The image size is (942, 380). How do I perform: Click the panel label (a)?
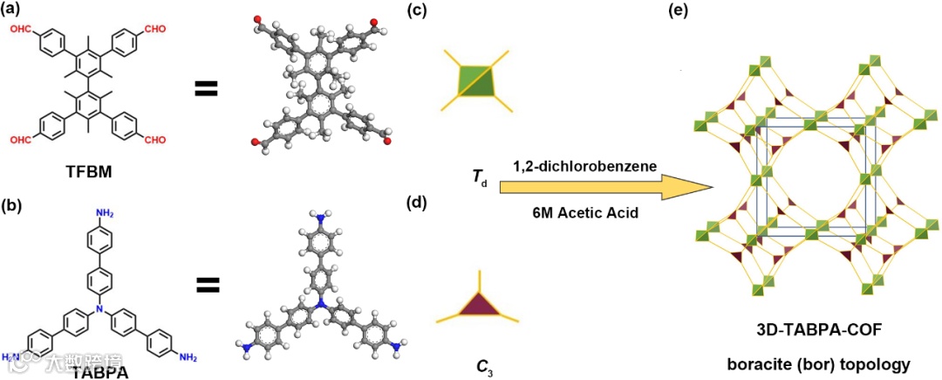coord(19,10)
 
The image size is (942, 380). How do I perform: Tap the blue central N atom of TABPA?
coord(99,309)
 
